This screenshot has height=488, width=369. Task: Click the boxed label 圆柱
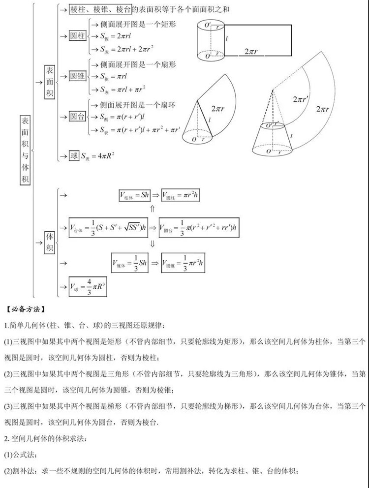(77, 36)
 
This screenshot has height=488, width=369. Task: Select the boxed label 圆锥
(77, 76)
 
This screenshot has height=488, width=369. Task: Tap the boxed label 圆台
(77, 117)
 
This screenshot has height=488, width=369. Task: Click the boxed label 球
(74, 155)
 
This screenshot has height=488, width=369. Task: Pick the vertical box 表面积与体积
(25, 150)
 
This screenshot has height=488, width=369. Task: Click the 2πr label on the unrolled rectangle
(256, 51)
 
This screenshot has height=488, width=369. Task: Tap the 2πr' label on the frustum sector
(300, 99)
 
